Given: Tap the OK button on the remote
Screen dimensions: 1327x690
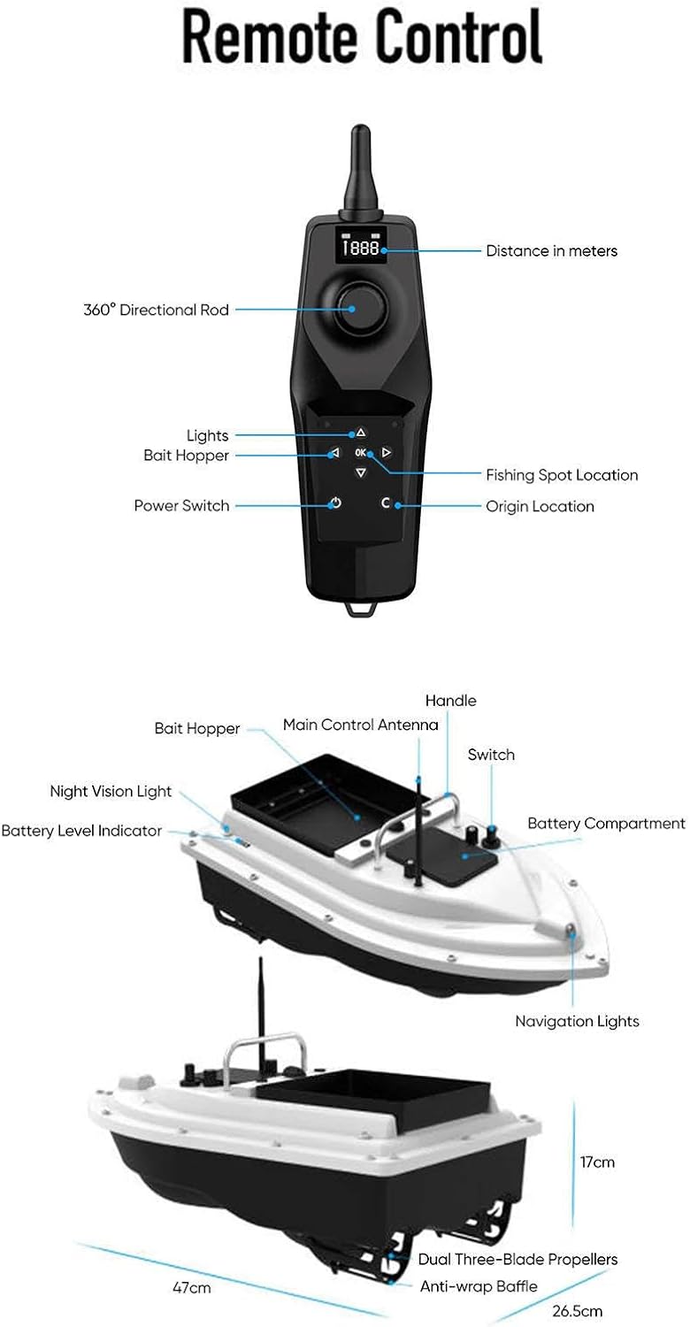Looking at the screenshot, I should pos(360,453).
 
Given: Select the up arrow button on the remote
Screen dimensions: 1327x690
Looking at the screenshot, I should pos(360,433).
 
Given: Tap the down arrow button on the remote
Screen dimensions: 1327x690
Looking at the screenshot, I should pos(360,472).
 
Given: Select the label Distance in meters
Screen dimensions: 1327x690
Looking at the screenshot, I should pos(551,251).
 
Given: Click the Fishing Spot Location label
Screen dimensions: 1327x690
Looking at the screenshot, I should pos(562,475).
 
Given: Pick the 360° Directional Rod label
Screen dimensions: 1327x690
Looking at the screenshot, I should pos(156,310).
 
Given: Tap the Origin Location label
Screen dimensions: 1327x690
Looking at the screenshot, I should pos(540,507).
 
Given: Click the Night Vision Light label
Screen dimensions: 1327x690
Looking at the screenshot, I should pos(111,792).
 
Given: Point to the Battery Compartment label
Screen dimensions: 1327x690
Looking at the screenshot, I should pos(606,824).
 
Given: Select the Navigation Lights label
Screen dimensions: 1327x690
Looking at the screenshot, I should pos(577,1022).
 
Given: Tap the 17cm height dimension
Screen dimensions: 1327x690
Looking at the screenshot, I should pos(597,1162).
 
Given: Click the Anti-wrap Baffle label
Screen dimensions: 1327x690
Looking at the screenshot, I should pos(479,1286).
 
